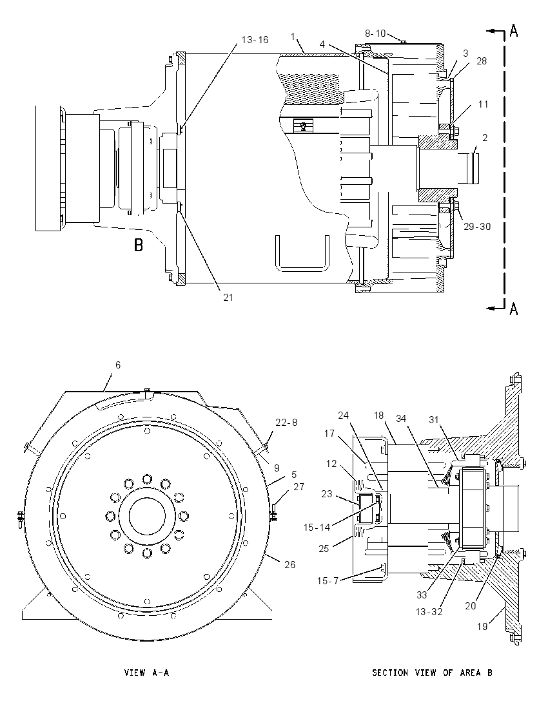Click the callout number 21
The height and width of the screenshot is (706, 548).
[228, 297]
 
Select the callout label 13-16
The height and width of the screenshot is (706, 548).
[255, 40]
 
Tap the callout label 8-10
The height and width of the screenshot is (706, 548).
[375, 33]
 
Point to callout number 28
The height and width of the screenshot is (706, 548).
[482, 61]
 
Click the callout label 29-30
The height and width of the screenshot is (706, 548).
[477, 227]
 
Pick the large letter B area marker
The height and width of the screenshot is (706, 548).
[139, 245]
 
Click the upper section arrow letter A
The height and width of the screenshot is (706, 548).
[514, 31]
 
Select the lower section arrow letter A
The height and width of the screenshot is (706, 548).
[514, 309]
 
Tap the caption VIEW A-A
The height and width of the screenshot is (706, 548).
[146, 673]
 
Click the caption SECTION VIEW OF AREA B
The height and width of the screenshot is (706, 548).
[432, 673]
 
